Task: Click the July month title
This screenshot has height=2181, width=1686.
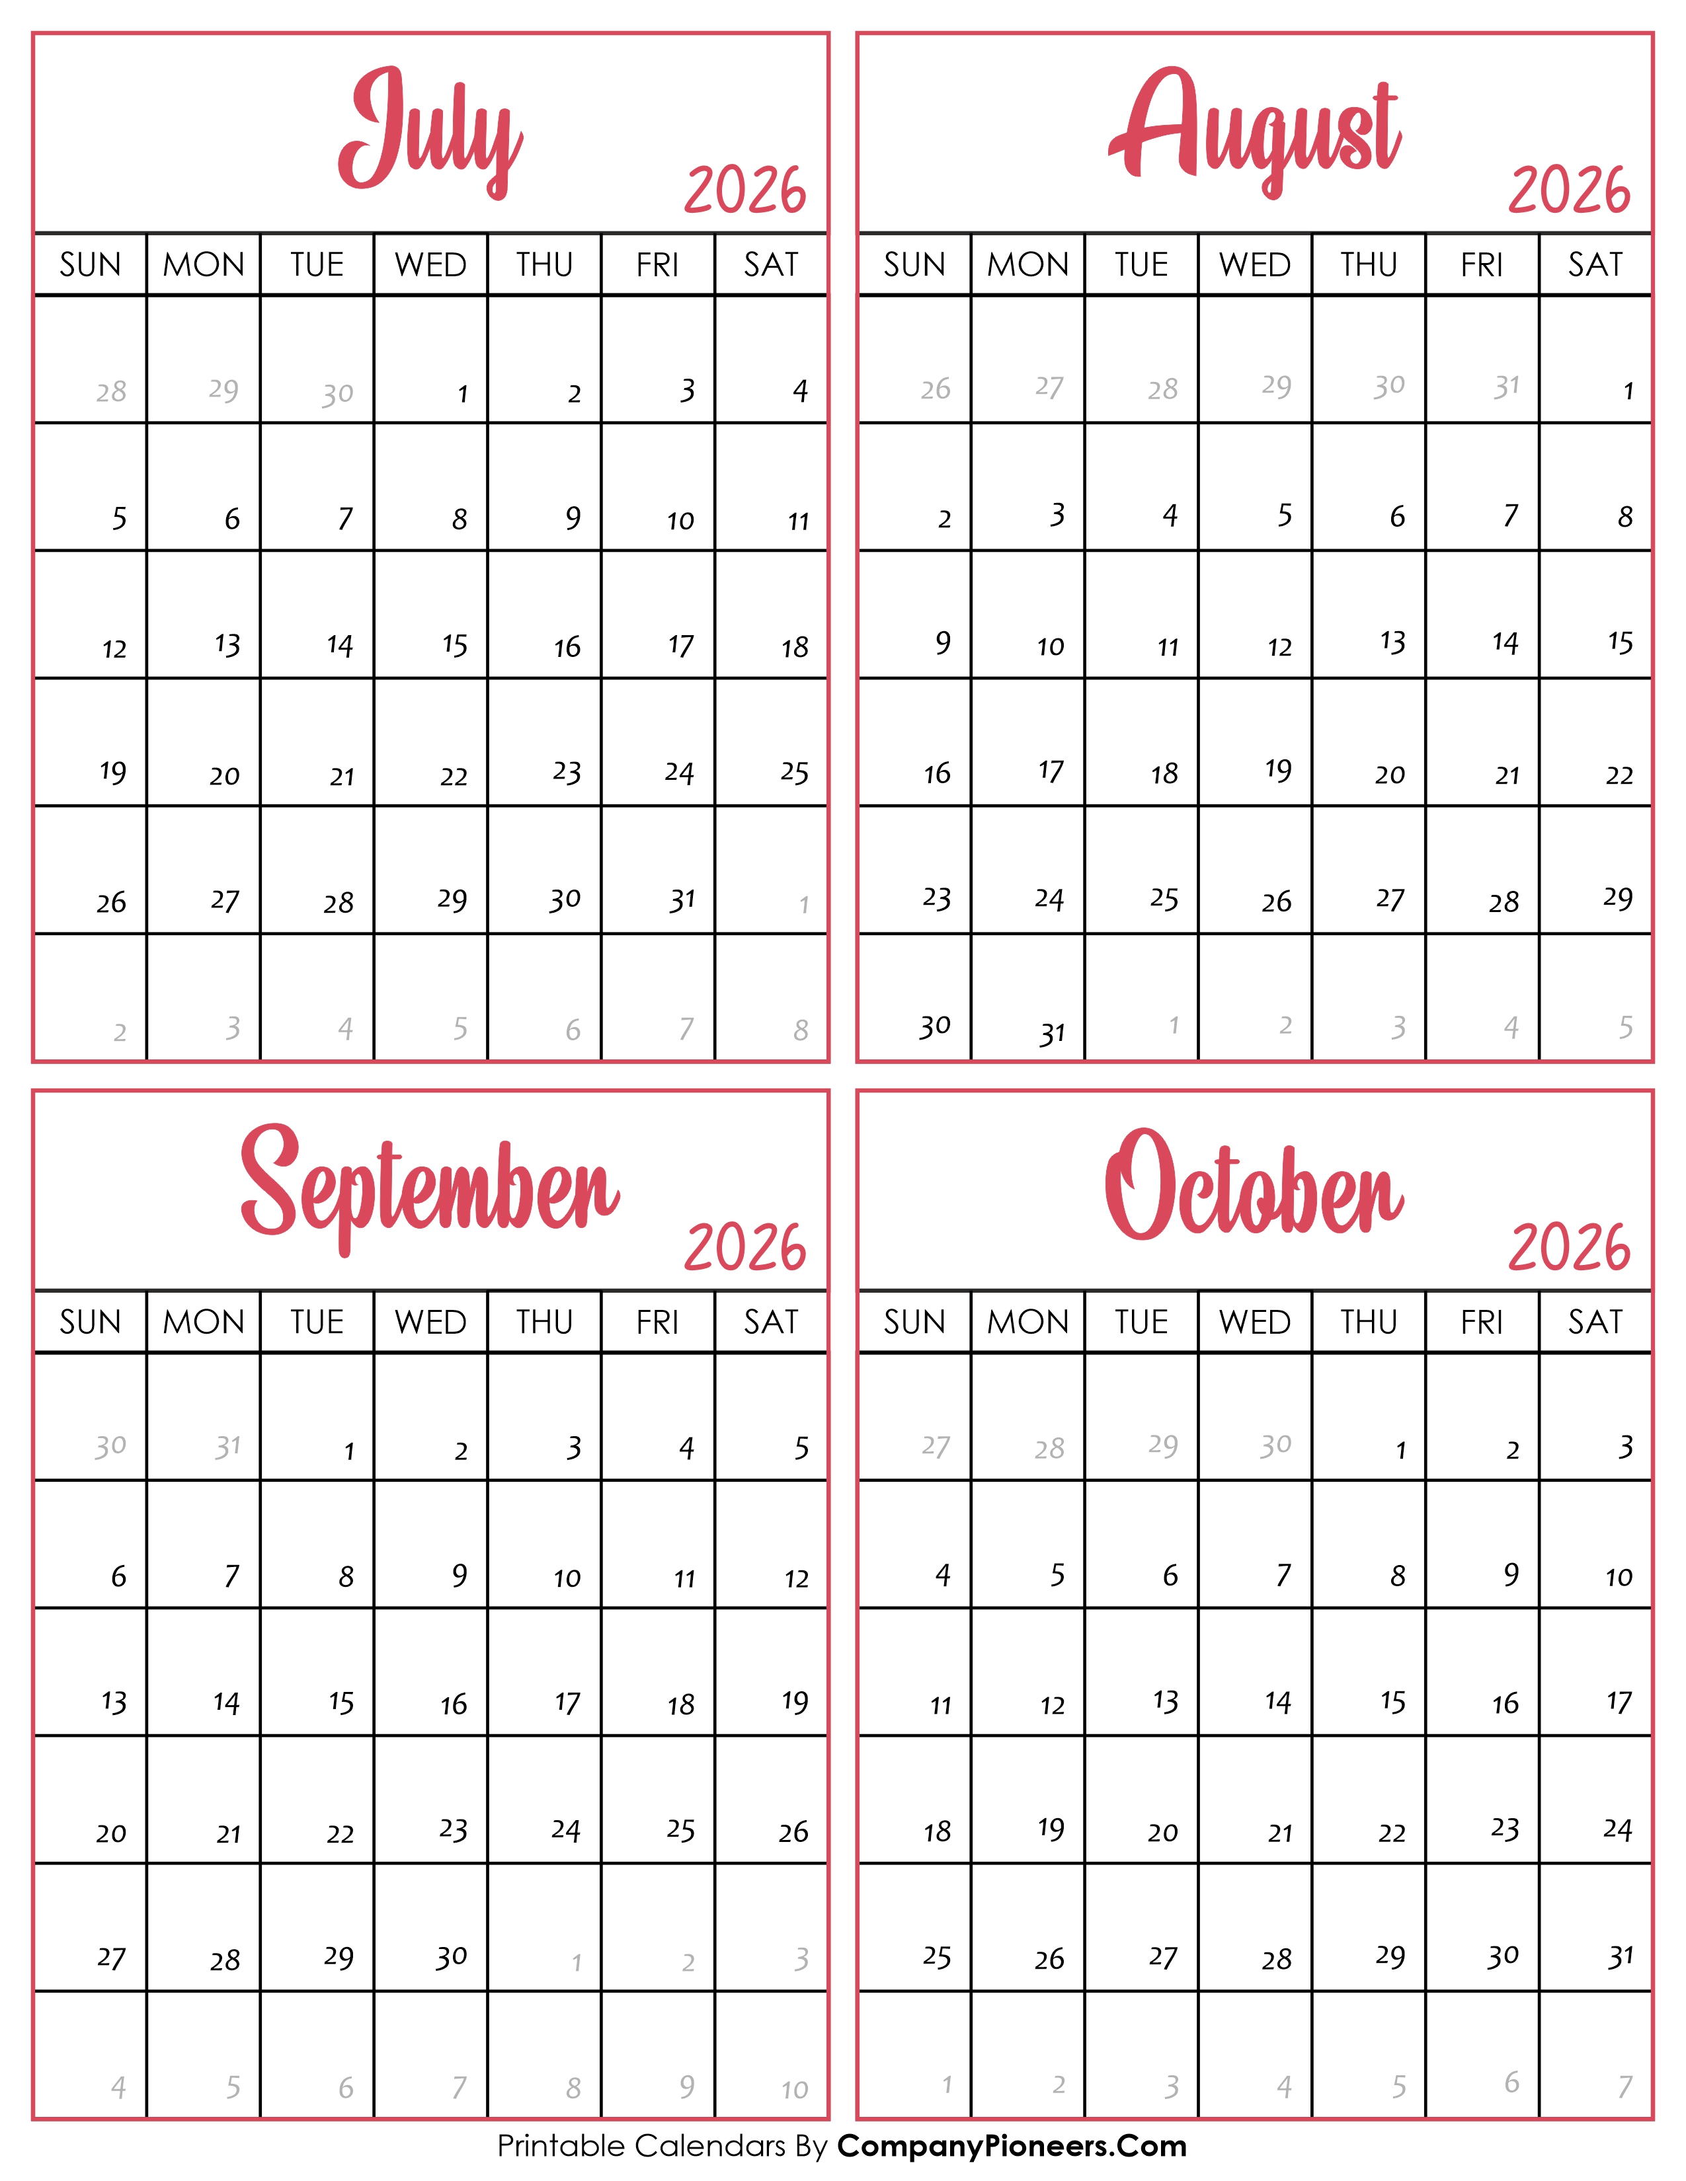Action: point(430,130)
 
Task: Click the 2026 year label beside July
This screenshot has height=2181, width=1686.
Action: point(745,191)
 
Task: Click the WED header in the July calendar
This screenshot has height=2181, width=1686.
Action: point(430,264)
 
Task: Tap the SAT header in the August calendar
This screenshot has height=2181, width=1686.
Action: point(1595,264)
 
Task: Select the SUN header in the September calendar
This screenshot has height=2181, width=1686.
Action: point(90,1322)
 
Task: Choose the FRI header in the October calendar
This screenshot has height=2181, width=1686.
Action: point(1481,1322)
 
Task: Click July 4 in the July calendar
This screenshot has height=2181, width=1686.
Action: point(800,391)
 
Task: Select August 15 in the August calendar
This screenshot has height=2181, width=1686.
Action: point(1620,642)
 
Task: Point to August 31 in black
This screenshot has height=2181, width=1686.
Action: point(1052,1032)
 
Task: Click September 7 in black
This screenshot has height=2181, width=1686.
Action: point(231,1576)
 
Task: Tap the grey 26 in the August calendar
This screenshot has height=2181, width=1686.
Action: point(935,389)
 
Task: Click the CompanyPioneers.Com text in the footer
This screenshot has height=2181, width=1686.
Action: point(1012,2145)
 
